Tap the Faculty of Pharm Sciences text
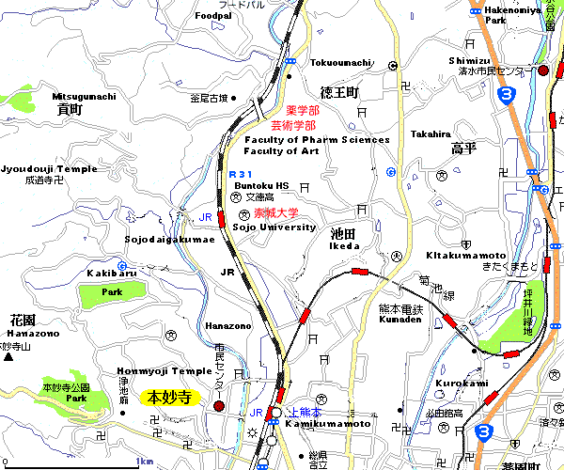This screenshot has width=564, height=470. coord(317,140)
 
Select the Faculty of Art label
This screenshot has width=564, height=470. coord(282,151)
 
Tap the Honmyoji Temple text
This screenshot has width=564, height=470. coord(165,371)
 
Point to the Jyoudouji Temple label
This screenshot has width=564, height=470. coord(49,168)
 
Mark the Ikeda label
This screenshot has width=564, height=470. coord(345,245)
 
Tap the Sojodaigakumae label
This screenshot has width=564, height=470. coord(170,240)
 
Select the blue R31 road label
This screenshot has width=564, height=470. coord(242,174)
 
